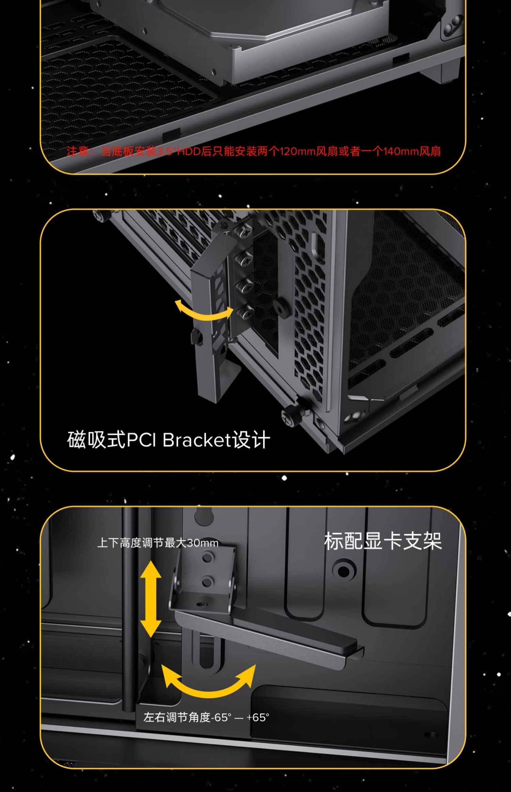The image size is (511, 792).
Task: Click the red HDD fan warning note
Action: coord(254,151)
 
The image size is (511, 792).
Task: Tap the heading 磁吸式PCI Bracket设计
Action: coord(169,440)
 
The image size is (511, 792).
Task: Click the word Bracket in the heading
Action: coord(197,440)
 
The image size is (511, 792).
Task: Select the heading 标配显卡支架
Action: coord(383,541)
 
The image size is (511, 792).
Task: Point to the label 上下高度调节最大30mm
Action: coord(158,543)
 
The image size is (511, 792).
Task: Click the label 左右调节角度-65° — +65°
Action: coord(206,717)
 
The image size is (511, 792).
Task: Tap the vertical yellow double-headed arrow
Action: coord(151,599)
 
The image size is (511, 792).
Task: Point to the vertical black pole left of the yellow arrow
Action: coord(130,611)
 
